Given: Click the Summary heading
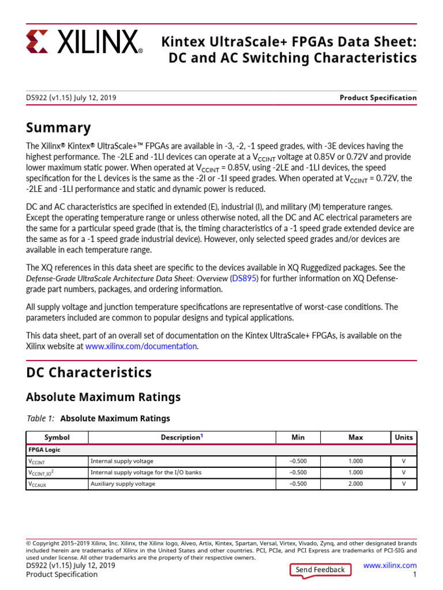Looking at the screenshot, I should pos(58,128).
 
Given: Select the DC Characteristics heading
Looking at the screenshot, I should pos(89,372).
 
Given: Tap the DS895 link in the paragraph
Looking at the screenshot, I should pos(243,278).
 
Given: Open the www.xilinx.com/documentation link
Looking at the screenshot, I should pos(141,346).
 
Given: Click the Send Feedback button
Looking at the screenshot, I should pos(320,570).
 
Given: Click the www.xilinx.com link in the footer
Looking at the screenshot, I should pos(390,566).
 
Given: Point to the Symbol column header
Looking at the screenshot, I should pos(57,437).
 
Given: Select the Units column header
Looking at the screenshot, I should pos(404,437).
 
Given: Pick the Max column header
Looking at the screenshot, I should pos(356,437).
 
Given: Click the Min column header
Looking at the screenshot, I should pos(298,437).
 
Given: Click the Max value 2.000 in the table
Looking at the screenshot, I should pos(356,484).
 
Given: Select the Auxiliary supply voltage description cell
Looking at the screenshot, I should pos(122,484).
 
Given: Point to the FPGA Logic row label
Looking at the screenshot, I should pos(44,449).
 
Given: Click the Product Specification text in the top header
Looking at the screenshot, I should pos(378,98).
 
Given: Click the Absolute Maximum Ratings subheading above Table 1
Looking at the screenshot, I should pos(103,397).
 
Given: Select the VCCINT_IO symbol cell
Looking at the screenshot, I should pos(41,472).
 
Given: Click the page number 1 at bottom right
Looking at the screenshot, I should pos(414,575).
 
